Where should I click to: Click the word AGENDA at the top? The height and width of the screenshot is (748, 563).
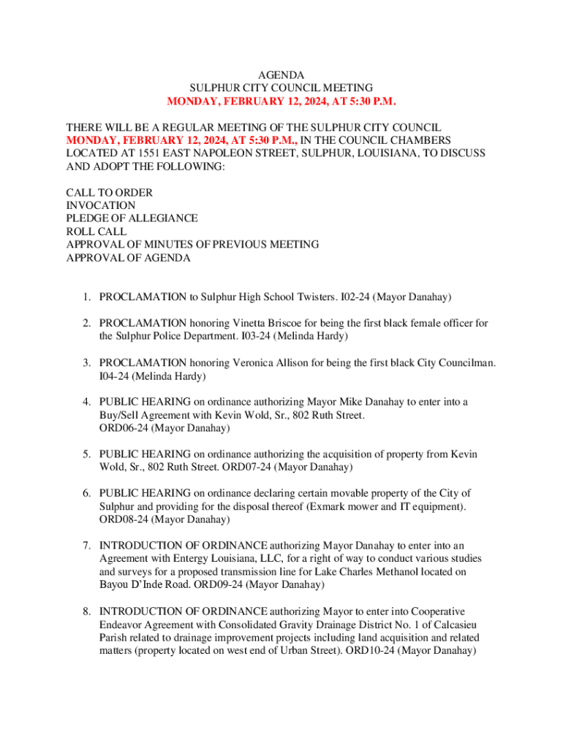click(x=281, y=75)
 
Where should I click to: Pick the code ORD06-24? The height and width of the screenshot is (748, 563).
click(x=124, y=428)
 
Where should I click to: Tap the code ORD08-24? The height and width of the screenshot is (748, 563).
click(x=124, y=519)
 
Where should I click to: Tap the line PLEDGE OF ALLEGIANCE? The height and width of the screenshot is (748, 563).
click(x=132, y=218)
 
